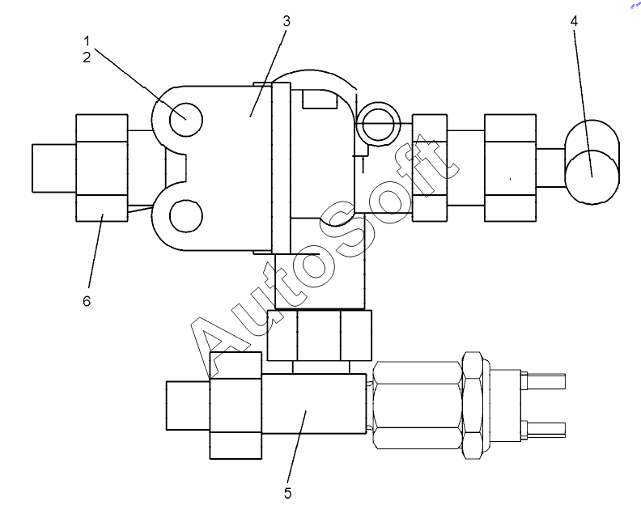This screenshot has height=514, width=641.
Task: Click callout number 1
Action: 87,41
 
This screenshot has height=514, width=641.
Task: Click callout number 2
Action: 87,57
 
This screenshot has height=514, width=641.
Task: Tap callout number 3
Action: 287,21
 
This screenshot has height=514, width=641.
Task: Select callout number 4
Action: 574,21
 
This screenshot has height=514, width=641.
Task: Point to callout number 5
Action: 288,493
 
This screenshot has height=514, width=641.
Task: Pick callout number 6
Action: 87,301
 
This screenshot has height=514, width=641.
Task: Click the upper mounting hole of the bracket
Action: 186,120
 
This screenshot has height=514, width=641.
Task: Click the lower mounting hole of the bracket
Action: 186,216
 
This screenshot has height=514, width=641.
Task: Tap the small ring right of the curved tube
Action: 378,123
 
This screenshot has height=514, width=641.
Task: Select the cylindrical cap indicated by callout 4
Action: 592,162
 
